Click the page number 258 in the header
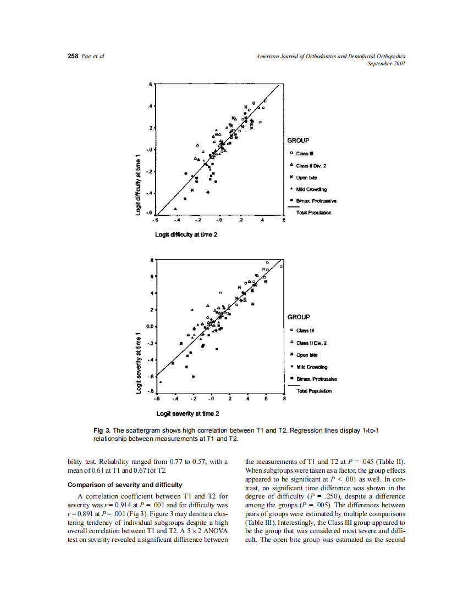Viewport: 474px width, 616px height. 73,57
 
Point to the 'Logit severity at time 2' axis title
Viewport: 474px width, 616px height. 188,413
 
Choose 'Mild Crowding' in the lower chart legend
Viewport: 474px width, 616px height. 312,367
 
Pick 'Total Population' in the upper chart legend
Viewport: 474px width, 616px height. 314,212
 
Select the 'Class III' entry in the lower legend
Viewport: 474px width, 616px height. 305,331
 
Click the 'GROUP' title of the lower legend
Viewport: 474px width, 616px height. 298,317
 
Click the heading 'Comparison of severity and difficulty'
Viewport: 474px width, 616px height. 124,485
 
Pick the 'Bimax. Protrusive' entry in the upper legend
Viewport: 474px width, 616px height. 317,201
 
